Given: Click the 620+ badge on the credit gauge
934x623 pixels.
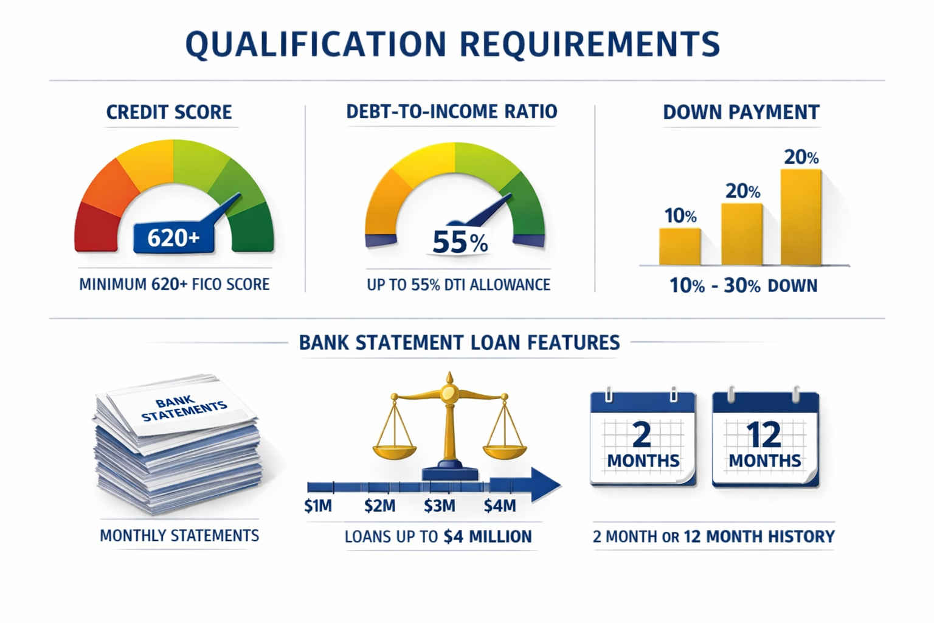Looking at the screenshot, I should click(174, 237).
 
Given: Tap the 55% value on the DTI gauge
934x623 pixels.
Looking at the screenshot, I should click(460, 243).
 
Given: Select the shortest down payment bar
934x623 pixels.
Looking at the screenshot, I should click(680, 246).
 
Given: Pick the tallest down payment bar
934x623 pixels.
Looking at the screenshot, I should click(801, 217).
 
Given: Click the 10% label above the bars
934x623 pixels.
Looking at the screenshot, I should click(680, 215).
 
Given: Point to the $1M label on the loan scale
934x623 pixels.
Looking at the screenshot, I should click(318, 506).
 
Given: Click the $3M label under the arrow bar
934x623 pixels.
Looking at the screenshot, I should click(439, 506).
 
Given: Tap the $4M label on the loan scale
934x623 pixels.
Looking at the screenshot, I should click(500, 506).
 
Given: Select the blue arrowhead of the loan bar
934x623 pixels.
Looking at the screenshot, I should click(545, 485).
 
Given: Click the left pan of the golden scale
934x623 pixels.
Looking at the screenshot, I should click(395, 451).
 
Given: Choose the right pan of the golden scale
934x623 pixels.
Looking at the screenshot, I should click(505, 451).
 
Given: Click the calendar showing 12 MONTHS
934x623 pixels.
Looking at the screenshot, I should click(765, 439).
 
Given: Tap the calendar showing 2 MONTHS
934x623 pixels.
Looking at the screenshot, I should click(643, 439).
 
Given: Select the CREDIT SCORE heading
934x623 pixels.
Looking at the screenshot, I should click(169, 112).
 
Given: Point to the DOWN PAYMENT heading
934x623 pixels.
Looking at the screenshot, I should click(741, 112).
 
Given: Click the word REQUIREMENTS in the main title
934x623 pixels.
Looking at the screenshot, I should click(590, 44).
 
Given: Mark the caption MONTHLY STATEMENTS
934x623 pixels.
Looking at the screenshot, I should click(179, 535).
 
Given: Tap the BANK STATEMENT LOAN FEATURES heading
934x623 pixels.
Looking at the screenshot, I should click(459, 343).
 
